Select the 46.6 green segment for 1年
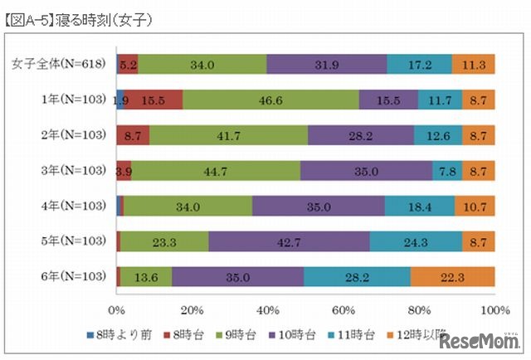270,100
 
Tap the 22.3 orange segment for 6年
452,277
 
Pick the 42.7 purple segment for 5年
289,241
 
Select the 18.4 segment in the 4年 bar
420,207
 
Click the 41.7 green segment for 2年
228,135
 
